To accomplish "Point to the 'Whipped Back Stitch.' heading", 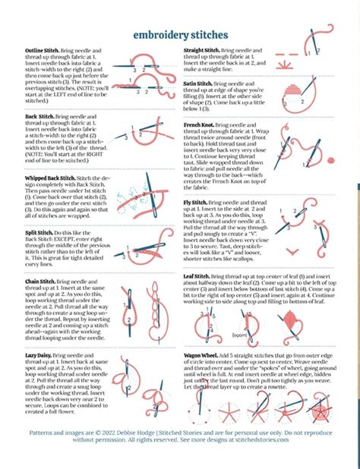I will [x=41, y=177].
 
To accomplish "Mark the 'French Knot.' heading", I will [x=200, y=124].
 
